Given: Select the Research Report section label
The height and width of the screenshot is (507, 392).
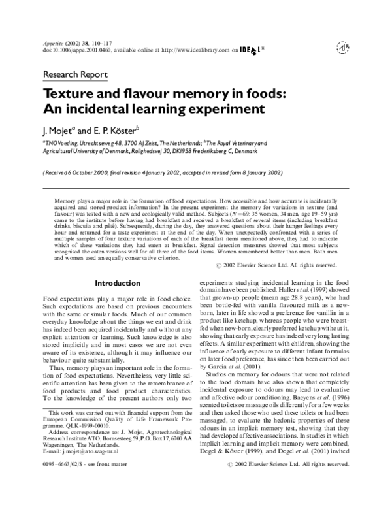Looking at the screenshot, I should coord(75,74).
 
